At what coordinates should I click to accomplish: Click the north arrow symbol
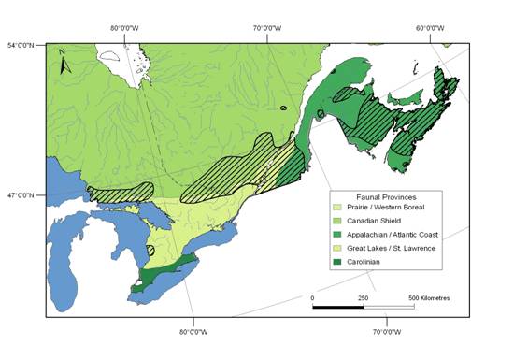coord(63,64)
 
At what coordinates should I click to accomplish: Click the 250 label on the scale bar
coord(363,296)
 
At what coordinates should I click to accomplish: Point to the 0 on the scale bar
coord(313,296)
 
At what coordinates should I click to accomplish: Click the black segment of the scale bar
coord(337,306)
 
